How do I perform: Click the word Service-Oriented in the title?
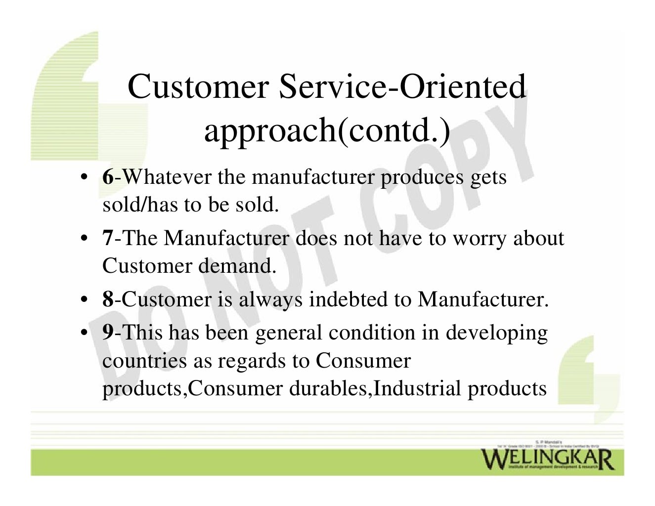click(402, 86)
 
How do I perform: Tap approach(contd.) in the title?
click(327, 130)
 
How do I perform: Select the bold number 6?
click(108, 177)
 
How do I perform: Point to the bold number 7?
click(108, 238)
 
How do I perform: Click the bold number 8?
click(108, 299)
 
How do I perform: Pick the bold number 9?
click(108, 333)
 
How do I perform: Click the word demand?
click(237, 266)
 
